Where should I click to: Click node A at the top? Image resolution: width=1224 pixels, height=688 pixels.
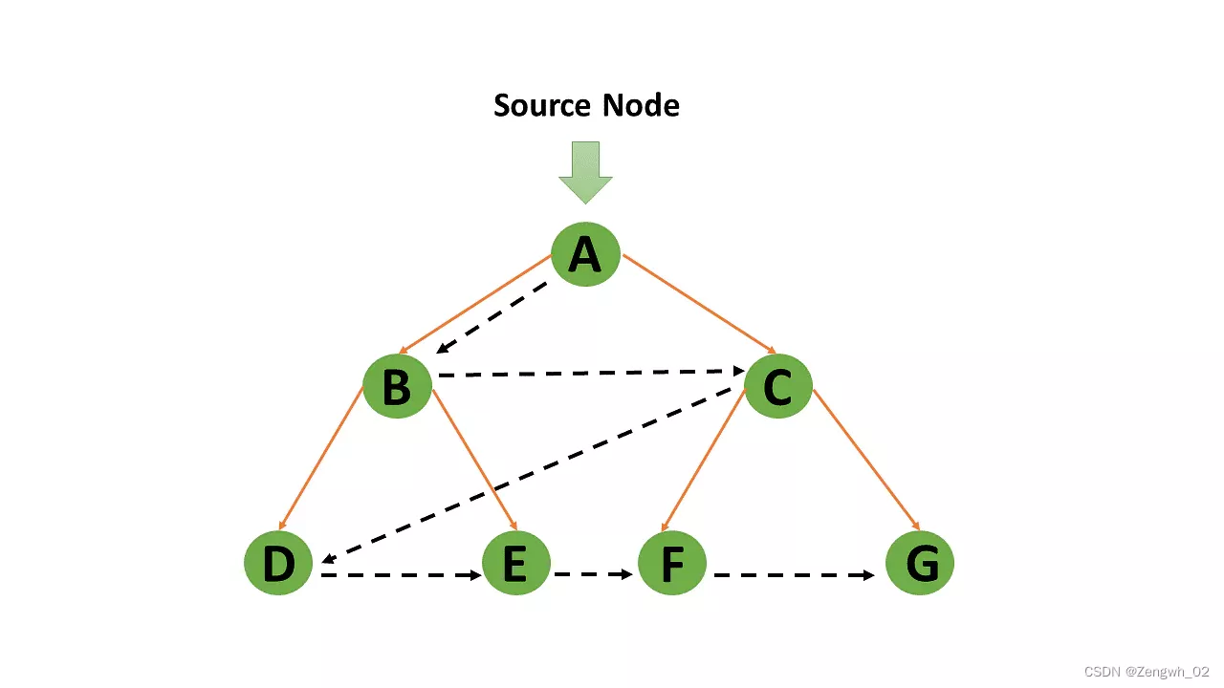point(585,255)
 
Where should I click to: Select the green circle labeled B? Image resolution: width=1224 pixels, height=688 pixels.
point(397,387)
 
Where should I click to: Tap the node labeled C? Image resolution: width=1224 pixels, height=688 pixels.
point(777,387)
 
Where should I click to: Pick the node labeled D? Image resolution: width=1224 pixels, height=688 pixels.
point(278,564)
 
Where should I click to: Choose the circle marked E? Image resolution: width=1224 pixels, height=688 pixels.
point(515,564)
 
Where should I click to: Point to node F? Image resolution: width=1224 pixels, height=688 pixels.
point(672,564)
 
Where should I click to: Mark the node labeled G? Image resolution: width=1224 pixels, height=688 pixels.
point(920,564)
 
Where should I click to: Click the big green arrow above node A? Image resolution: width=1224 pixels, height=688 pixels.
point(585,172)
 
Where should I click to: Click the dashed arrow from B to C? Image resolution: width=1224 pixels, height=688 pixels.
point(588,373)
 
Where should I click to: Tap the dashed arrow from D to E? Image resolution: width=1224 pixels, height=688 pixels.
point(400,576)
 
